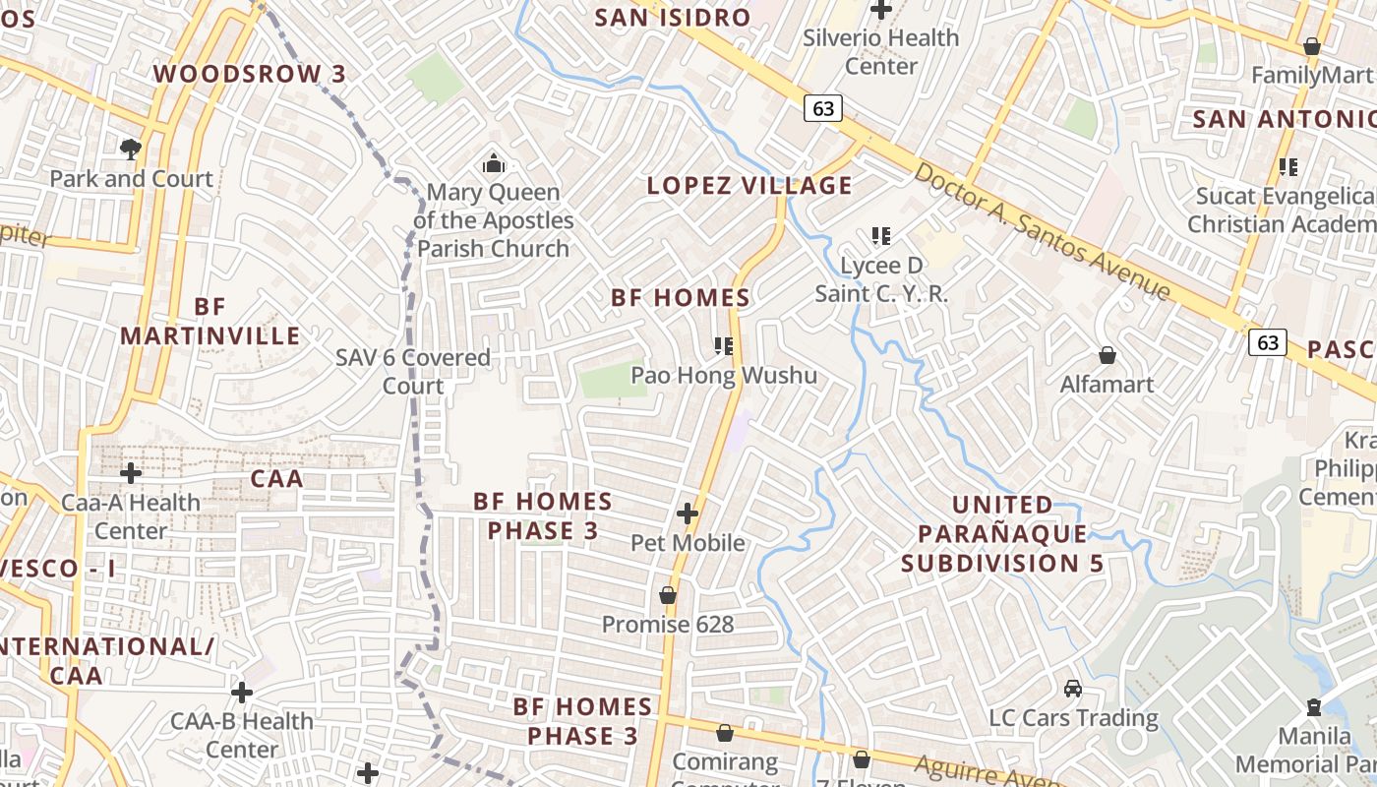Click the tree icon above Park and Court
click(x=130, y=149)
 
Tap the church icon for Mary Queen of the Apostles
click(x=494, y=162)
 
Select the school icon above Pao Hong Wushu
click(x=725, y=345)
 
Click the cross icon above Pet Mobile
click(x=688, y=513)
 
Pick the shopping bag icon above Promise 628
click(x=668, y=595)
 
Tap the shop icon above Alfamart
click(x=1108, y=354)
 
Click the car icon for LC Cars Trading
click(x=1073, y=688)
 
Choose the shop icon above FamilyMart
click(x=1311, y=46)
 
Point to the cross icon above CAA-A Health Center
click(x=131, y=473)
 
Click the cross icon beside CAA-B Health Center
click(x=242, y=693)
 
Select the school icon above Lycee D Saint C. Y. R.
click(x=881, y=235)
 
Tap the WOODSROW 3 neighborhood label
click(x=250, y=74)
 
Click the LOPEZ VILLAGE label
click(x=749, y=185)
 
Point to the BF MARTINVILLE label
click(x=210, y=321)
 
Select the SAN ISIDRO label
click(x=673, y=17)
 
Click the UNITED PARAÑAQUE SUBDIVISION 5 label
click(x=1003, y=533)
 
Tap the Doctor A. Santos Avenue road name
click(x=1043, y=231)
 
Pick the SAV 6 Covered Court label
click(x=413, y=371)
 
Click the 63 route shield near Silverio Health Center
click(x=823, y=107)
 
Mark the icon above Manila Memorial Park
click(x=1313, y=706)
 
